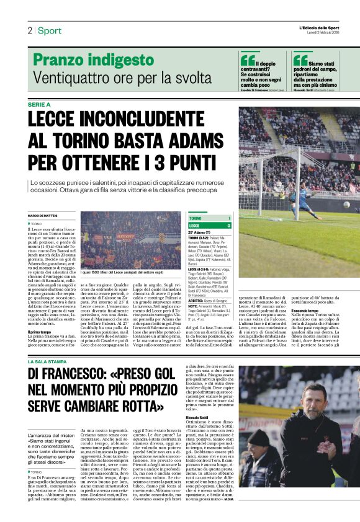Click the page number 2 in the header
29,30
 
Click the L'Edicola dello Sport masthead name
319,27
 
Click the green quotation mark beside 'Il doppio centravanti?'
248,60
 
